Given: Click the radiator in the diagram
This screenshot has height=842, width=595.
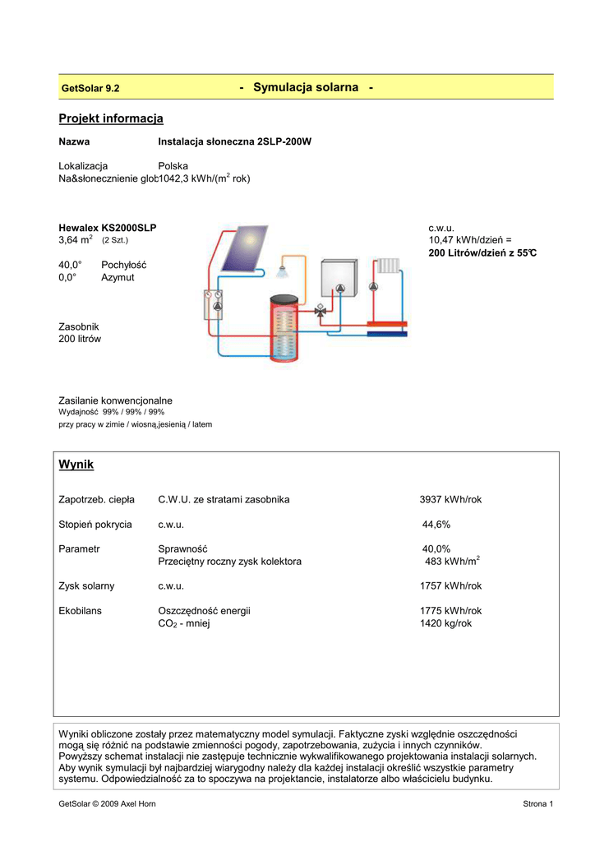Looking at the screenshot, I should pos(389,266).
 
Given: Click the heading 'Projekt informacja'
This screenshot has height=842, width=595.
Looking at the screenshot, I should pos(111,119).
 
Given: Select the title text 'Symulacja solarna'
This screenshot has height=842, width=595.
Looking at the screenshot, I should pos(306,87).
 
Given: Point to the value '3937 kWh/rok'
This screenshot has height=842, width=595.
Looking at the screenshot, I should pos(450,499).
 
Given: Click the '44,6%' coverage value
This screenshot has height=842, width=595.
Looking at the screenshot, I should pos(436,524).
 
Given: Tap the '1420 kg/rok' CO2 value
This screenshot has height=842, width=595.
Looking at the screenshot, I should pos(446,623).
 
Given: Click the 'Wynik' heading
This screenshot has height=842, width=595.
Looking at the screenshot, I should pos(76,465).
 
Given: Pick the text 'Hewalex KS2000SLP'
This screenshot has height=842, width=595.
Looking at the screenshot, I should pos(108,227).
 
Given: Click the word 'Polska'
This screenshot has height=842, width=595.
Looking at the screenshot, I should pos(173,165).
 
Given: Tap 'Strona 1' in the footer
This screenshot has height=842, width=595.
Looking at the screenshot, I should pos(538,803).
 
